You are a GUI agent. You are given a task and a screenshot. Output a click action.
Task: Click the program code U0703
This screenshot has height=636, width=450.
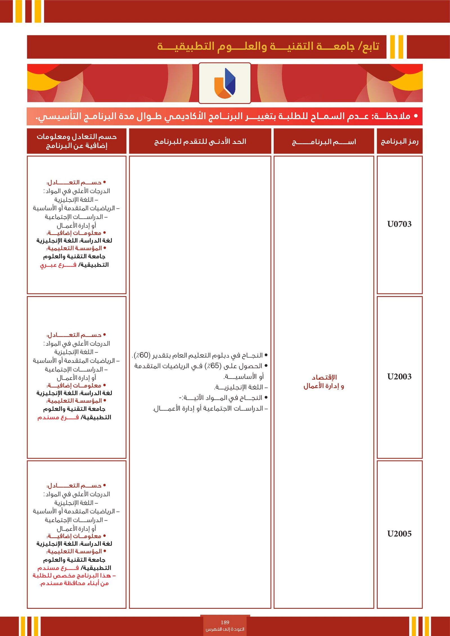399,224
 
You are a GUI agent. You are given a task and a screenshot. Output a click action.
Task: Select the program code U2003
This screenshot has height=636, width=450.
399,377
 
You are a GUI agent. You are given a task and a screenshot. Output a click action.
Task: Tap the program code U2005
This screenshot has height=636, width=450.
399,534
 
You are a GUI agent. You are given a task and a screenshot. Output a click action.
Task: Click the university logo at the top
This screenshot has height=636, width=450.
225,83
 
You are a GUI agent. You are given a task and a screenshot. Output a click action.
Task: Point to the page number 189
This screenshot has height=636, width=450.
225,622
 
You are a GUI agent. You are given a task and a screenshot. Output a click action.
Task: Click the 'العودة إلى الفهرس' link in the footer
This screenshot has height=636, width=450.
225,629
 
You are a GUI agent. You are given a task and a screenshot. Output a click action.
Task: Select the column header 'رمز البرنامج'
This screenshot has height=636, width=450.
399,141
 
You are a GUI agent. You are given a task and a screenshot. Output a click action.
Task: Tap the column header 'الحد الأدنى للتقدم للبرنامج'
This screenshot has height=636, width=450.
200,141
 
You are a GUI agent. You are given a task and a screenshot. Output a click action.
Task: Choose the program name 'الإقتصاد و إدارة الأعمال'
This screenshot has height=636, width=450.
324,382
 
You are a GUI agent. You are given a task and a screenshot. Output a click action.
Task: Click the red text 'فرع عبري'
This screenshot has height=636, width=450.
58,265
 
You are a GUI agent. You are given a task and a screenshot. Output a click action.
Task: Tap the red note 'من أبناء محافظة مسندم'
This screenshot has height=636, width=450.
74,583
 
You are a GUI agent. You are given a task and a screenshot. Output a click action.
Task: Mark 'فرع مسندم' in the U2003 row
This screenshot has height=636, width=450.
58,417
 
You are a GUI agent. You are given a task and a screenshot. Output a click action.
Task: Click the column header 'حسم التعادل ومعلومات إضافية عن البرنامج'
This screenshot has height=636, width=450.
76,141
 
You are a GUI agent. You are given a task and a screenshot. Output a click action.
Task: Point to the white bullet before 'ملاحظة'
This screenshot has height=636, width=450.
416,116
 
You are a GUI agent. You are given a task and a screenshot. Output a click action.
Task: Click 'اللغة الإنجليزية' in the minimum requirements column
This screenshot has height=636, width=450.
241,387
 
